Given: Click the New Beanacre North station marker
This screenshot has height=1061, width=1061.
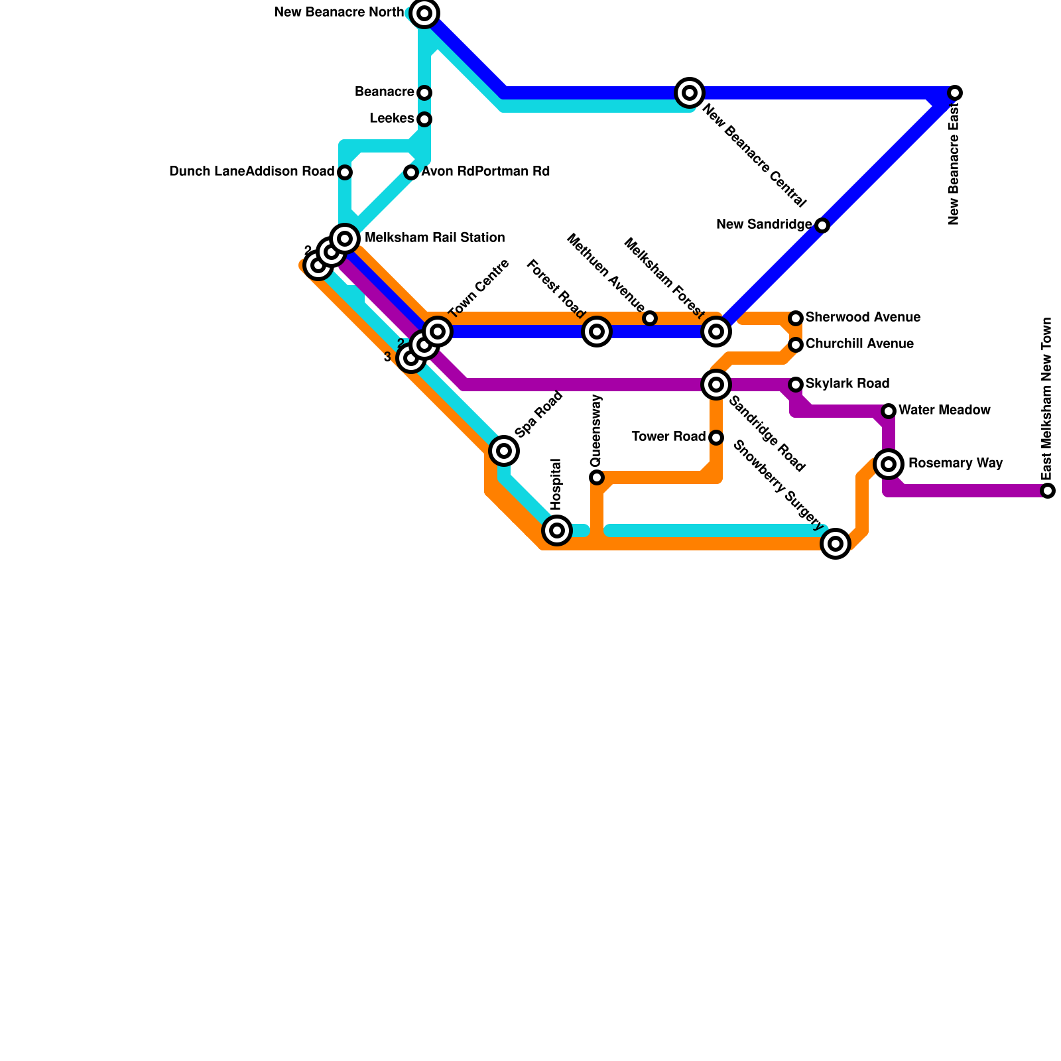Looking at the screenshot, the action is [x=424, y=13].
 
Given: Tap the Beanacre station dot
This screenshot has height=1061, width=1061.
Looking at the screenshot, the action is [x=424, y=92].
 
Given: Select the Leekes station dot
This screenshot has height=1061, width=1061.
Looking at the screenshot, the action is [x=424, y=119].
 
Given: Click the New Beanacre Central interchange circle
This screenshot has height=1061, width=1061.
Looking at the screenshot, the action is [x=690, y=92].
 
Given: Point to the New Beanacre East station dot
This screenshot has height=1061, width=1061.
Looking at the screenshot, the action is [x=954, y=93].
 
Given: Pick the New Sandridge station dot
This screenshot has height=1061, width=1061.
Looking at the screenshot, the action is [x=822, y=225].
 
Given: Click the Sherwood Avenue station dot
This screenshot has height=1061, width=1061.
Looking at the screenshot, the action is [x=796, y=318].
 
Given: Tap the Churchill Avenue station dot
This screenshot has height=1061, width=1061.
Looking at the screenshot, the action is [x=796, y=345].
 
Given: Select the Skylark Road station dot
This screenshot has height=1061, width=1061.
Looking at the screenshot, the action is [x=796, y=385].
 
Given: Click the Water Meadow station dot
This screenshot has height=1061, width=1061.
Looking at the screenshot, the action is [x=889, y=411].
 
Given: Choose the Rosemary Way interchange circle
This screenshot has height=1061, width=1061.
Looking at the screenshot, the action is [x=889, y=464].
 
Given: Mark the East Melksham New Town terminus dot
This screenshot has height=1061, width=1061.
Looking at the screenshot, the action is [x=1047, y=491].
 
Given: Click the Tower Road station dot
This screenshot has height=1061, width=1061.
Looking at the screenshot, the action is [x=716, y=438].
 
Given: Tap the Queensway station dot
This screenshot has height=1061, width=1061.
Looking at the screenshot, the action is [x=597, y=477].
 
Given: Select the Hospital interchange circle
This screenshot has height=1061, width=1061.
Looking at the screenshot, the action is [x=557, y=530].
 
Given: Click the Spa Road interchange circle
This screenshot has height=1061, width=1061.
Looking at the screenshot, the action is [x=504, y=451].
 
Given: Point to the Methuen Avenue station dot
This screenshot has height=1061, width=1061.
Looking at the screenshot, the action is [x=650, y=318].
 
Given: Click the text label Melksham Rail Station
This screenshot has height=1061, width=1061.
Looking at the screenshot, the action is [x=434, y=237].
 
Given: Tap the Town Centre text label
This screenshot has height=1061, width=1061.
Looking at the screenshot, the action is [x=479, y=288].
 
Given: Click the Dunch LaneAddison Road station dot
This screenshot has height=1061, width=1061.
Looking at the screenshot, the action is [x=345, y=172].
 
